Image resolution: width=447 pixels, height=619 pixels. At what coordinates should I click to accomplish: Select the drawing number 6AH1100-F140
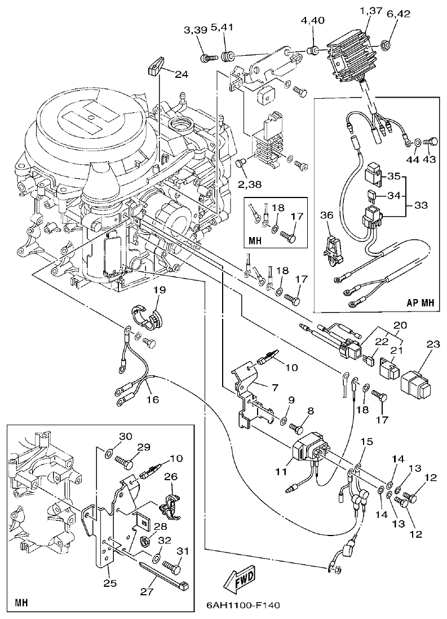tap(239, 605)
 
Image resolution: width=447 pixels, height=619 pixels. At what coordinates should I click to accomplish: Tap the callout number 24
tap(181, 74)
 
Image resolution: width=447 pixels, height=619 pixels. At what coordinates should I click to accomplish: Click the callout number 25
tap(109, 582)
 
